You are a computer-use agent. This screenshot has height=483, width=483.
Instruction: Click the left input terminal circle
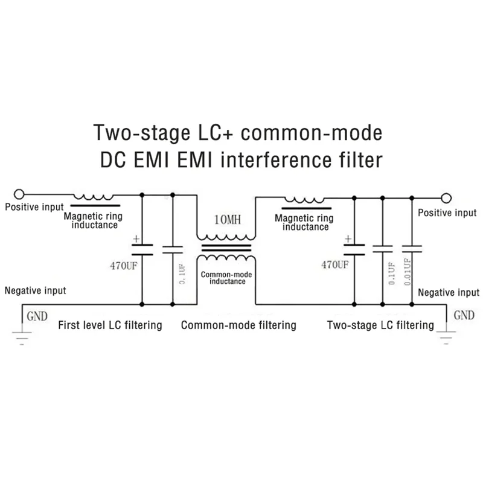point(21,194)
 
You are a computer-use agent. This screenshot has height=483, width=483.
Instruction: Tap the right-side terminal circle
point(446,197)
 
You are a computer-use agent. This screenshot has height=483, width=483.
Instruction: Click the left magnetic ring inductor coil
point(94,196)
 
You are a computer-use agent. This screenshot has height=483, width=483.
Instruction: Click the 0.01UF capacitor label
point(408,269)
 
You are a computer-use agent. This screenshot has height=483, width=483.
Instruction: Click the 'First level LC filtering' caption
point(110,325)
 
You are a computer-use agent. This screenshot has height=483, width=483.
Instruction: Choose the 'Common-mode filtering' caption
point(238,325)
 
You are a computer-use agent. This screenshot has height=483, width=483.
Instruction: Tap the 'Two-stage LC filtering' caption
point(380,325)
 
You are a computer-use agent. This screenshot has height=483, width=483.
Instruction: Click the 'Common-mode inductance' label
point(223,278)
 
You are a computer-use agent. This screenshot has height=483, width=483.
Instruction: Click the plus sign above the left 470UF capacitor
point(136,238)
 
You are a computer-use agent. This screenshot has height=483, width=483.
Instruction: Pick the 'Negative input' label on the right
point(449,293)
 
